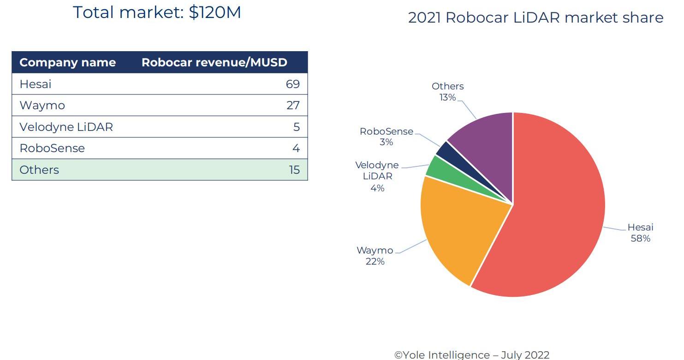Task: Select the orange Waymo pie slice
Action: (x=457, y=230)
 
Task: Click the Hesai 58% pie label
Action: (x=640, y=233)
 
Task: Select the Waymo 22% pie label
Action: (x=375, y=256)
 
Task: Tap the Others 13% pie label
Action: (x=447, y=92)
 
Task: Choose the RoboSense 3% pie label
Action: (x=387, y=136)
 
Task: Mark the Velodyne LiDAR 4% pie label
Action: (x=377, y=176)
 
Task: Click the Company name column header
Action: (x=67, y=63)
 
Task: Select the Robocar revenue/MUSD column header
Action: (x=214, y=63)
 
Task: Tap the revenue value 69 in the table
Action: (x=292, y=84)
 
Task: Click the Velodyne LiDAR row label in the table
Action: (x=66, y=127)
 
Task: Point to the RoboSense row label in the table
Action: (x=52, y=148)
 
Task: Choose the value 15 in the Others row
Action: (x=294, y=170)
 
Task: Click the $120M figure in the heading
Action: (x=215, y=12)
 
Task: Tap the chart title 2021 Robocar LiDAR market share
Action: (x=535, y=18)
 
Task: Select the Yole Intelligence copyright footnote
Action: (x=472, y=354)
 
